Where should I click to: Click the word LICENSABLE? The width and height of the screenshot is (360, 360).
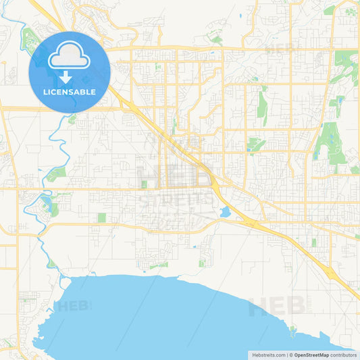[x=70, y=92]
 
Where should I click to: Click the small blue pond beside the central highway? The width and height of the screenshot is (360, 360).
[x=224, y=212]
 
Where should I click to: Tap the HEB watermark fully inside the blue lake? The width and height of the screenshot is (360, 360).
[x=73, y=305]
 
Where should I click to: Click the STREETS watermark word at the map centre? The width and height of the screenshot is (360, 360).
[x=174, y=201]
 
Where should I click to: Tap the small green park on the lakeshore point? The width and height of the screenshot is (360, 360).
[x=292, y=330]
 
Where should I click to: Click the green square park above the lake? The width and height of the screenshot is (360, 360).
[x=101, y=218]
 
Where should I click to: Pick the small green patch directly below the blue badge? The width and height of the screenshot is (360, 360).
[x=72, y=119]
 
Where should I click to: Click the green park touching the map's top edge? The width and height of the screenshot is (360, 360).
[x=330, y=9]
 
